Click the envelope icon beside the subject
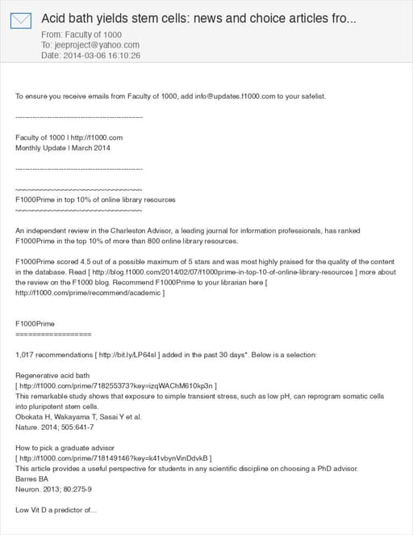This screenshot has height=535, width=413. point(21,20)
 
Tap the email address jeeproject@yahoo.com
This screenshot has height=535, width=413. point(94,45)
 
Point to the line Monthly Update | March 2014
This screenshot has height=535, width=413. point(63,148)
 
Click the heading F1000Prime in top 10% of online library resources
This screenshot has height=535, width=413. point(95,200)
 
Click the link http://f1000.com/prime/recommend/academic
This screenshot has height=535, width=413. point(89,293)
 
